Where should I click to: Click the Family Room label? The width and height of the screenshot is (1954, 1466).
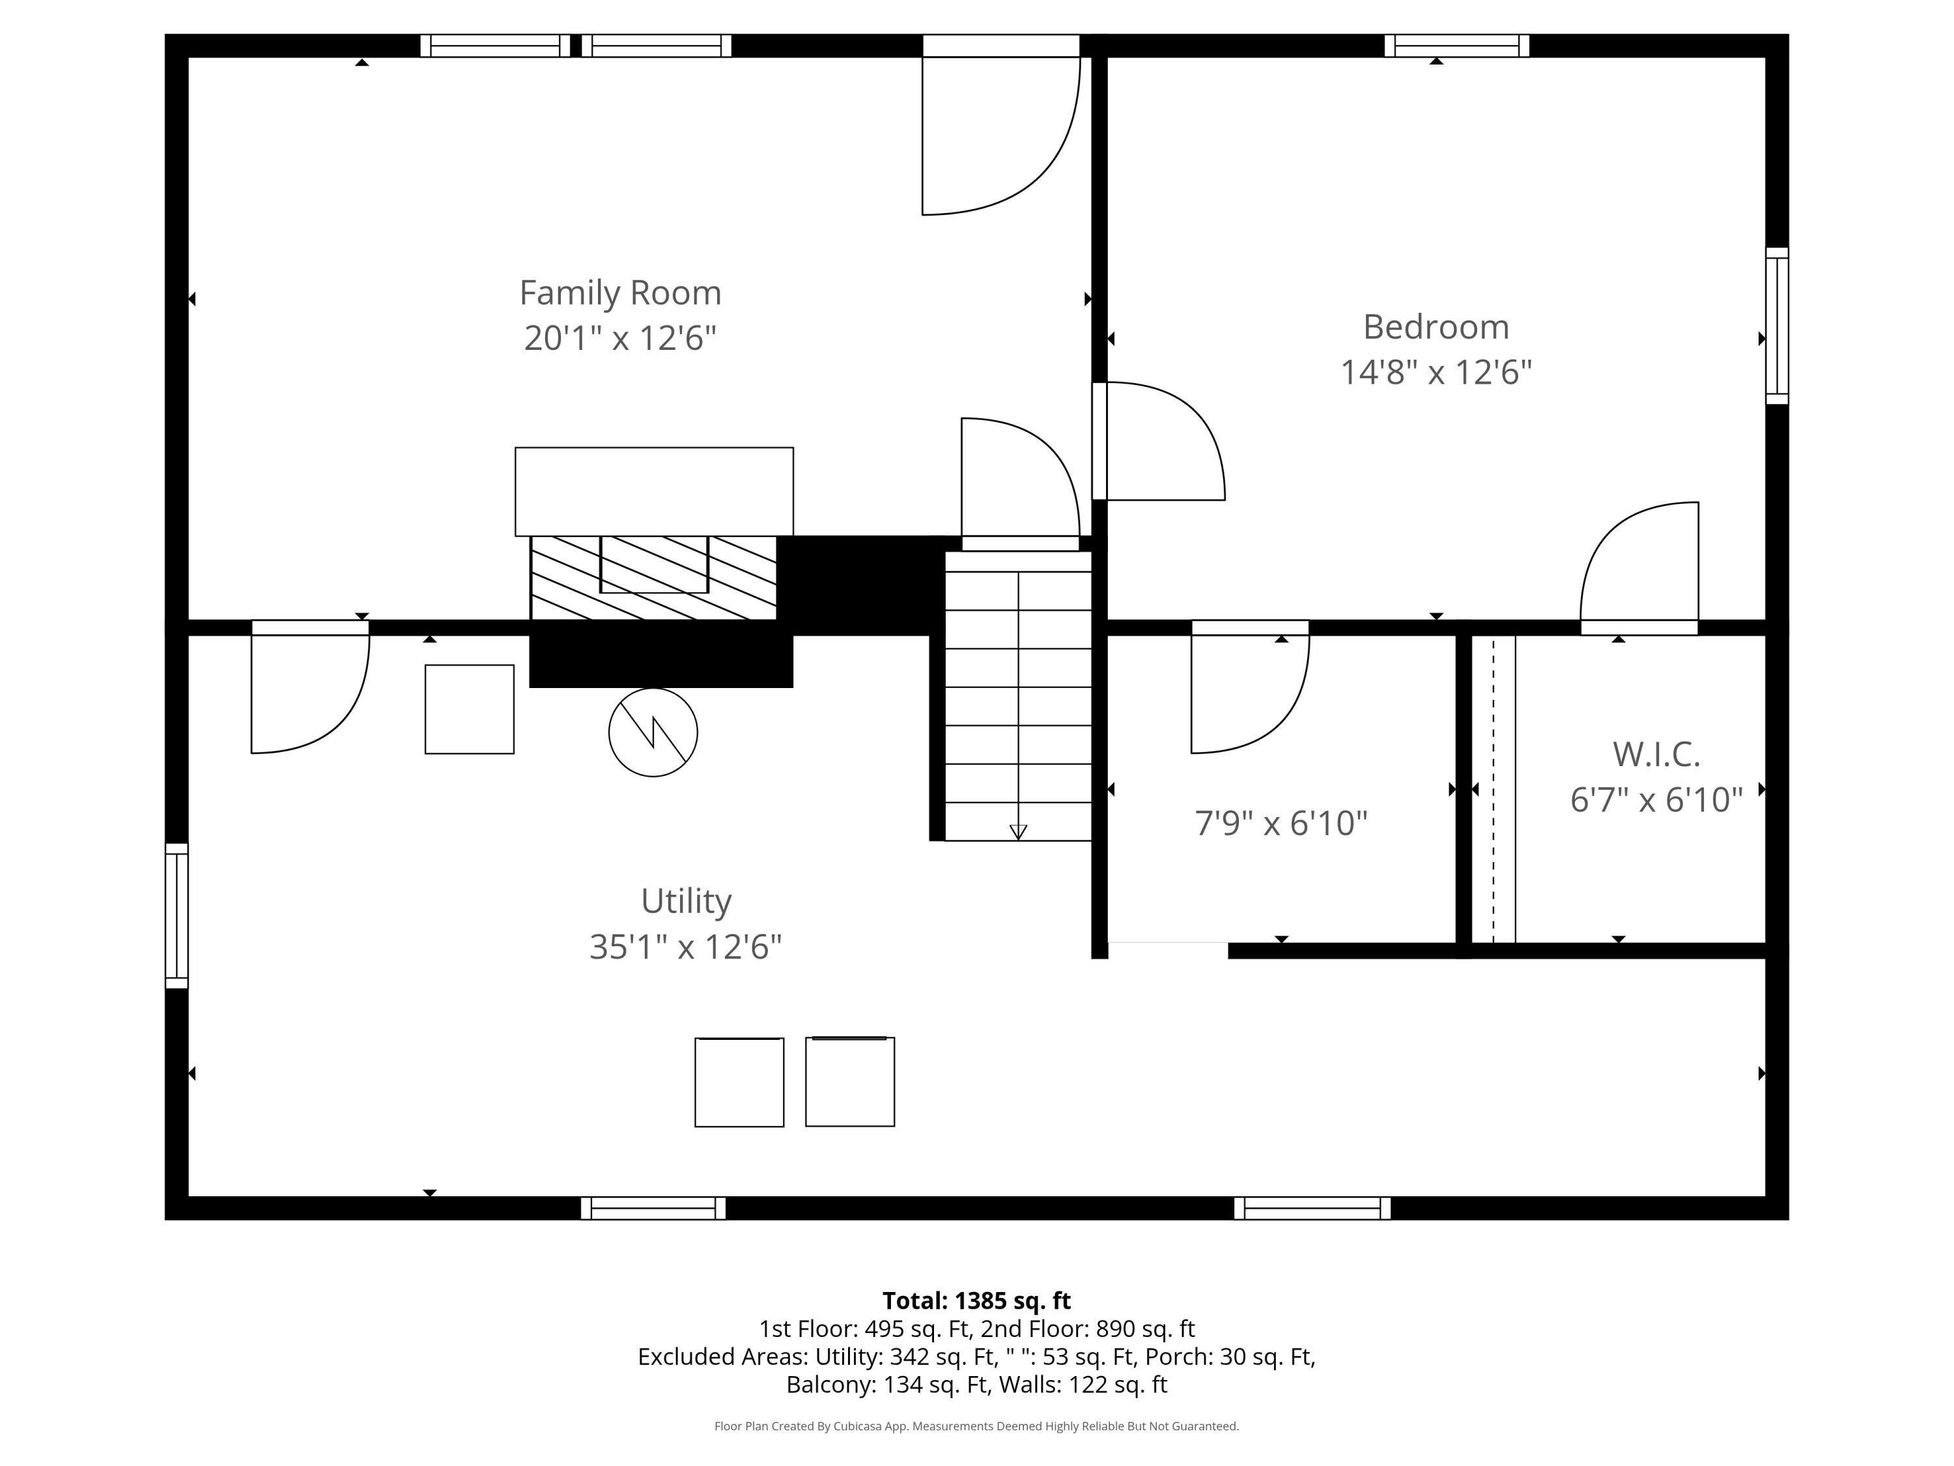[x=620, y=293]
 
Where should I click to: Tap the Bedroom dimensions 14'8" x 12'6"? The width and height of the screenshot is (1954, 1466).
[x=1436, y=372]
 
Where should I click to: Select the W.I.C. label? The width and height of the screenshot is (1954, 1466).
[x=1656, y=754]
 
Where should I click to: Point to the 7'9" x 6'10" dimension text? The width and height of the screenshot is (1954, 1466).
[x=1281, y=823]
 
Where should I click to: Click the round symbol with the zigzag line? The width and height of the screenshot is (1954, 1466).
[x=653, y=732]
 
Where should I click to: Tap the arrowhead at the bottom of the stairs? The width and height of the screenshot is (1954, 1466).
[x=1017, y=831]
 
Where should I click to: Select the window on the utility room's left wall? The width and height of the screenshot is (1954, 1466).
[x=177, y=915]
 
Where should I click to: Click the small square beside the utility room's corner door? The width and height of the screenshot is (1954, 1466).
[x=469, y=709]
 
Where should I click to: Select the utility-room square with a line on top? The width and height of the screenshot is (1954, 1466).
[x=850, y=1082]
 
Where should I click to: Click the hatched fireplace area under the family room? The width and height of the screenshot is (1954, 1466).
[x=654, y=577]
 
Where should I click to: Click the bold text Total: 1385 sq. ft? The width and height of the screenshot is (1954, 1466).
[x=976, y=1300]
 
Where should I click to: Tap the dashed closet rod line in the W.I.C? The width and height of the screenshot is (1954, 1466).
[x=1494, y=789]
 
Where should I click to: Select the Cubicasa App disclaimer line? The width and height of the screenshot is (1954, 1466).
[x=976, y=1426]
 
